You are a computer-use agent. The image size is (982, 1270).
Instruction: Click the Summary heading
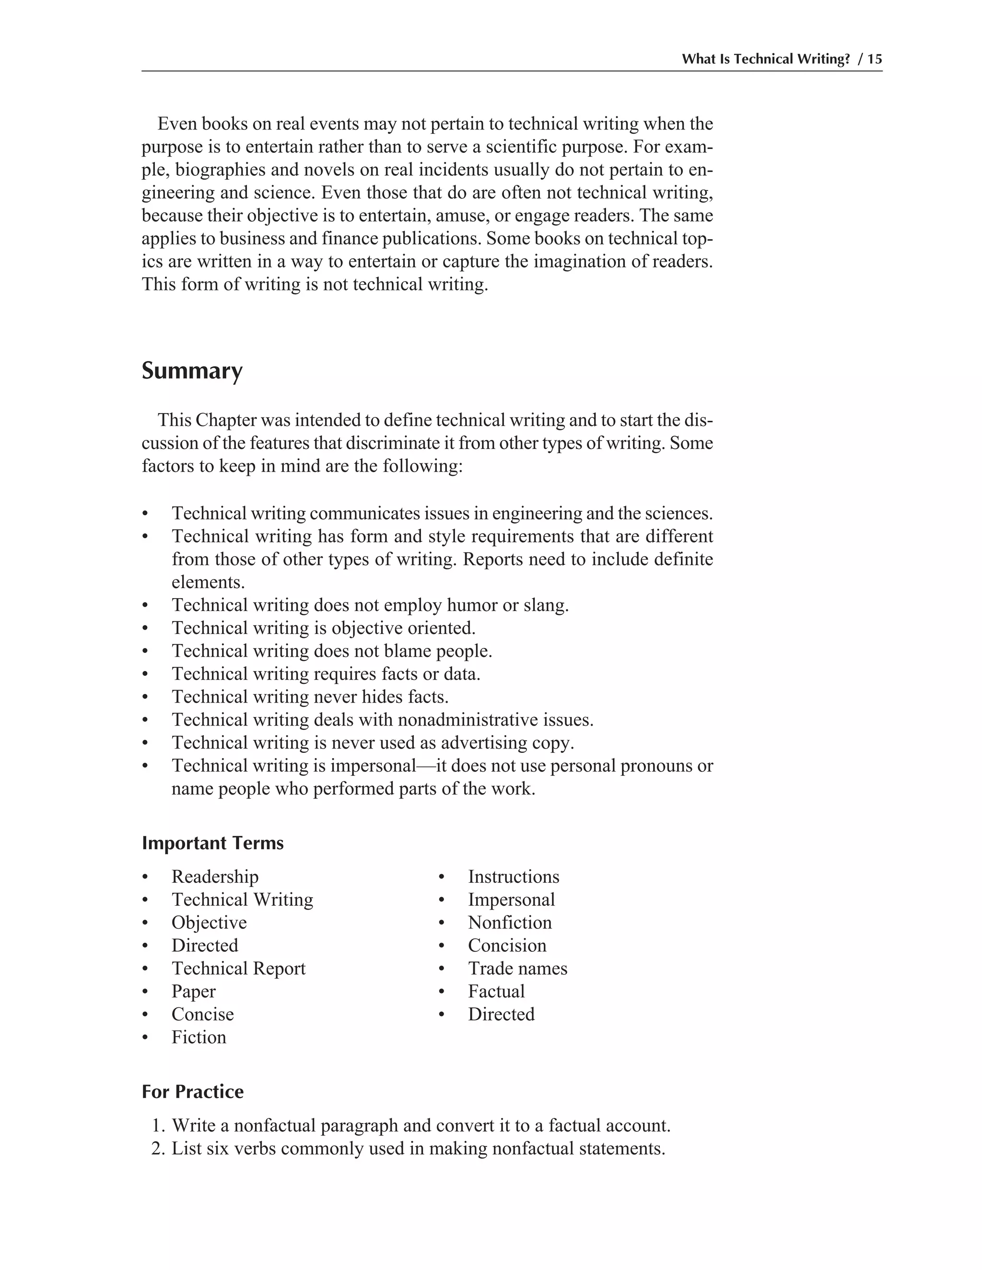pyautogui.click(x=192, y=371)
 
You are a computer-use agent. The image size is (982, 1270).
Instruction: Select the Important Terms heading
pyautogui.click(x=212, y=843)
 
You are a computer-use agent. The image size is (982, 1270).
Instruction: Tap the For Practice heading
pyautogui.click(x=193, y=1091)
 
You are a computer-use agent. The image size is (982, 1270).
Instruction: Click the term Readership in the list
pyautogui.click(x=215, y=877)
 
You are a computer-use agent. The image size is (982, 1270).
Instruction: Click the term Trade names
pyautogui.click(x=517, y=968)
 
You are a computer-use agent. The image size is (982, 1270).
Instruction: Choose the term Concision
pyautogui.click(x=507, y=945)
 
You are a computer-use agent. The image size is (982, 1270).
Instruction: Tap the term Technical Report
pyautogui.click(x=238, y=968)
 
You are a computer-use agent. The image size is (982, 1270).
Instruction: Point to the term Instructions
pyautogui.click(x=513, y=877)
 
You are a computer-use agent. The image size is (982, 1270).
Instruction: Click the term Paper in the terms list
pyautogui.click(x=193, y=991)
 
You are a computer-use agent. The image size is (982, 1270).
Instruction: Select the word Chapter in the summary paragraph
pyautogui.click(x=226, y=420)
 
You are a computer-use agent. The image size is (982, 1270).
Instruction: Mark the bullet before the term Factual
pyautogui.click(x=442, y=992)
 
